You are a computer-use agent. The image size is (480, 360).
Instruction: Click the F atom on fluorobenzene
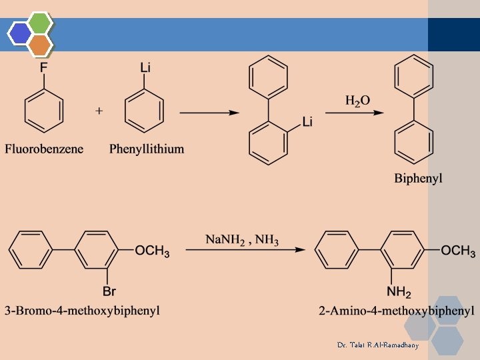44,67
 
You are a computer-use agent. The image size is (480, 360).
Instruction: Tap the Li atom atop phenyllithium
145,67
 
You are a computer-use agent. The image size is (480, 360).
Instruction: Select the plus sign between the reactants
99,111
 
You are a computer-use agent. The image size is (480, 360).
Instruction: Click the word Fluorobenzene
44,149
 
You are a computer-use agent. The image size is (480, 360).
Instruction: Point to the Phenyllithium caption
147,149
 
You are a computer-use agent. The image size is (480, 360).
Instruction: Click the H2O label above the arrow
357,101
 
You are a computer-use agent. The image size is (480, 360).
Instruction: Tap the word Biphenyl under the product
418,178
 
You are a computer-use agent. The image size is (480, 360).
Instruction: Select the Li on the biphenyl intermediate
307,121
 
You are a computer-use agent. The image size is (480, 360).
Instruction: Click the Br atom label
109,291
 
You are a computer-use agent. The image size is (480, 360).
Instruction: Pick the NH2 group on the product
399,291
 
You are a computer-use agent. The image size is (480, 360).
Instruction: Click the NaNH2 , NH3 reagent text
242,239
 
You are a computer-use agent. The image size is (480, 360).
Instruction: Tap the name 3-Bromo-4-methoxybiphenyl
83,311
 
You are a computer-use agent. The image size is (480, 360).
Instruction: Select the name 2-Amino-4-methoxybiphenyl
397,311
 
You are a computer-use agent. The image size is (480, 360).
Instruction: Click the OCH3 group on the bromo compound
152,251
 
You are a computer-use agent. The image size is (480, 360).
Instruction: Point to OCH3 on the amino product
458,251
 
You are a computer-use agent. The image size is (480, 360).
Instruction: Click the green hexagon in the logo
40,23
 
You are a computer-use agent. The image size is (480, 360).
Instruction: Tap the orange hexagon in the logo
40,45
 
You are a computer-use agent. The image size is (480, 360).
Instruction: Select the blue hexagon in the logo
20,34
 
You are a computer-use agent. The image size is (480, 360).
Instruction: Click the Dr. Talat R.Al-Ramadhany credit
378,345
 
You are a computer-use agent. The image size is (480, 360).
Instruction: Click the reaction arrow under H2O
355,113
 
